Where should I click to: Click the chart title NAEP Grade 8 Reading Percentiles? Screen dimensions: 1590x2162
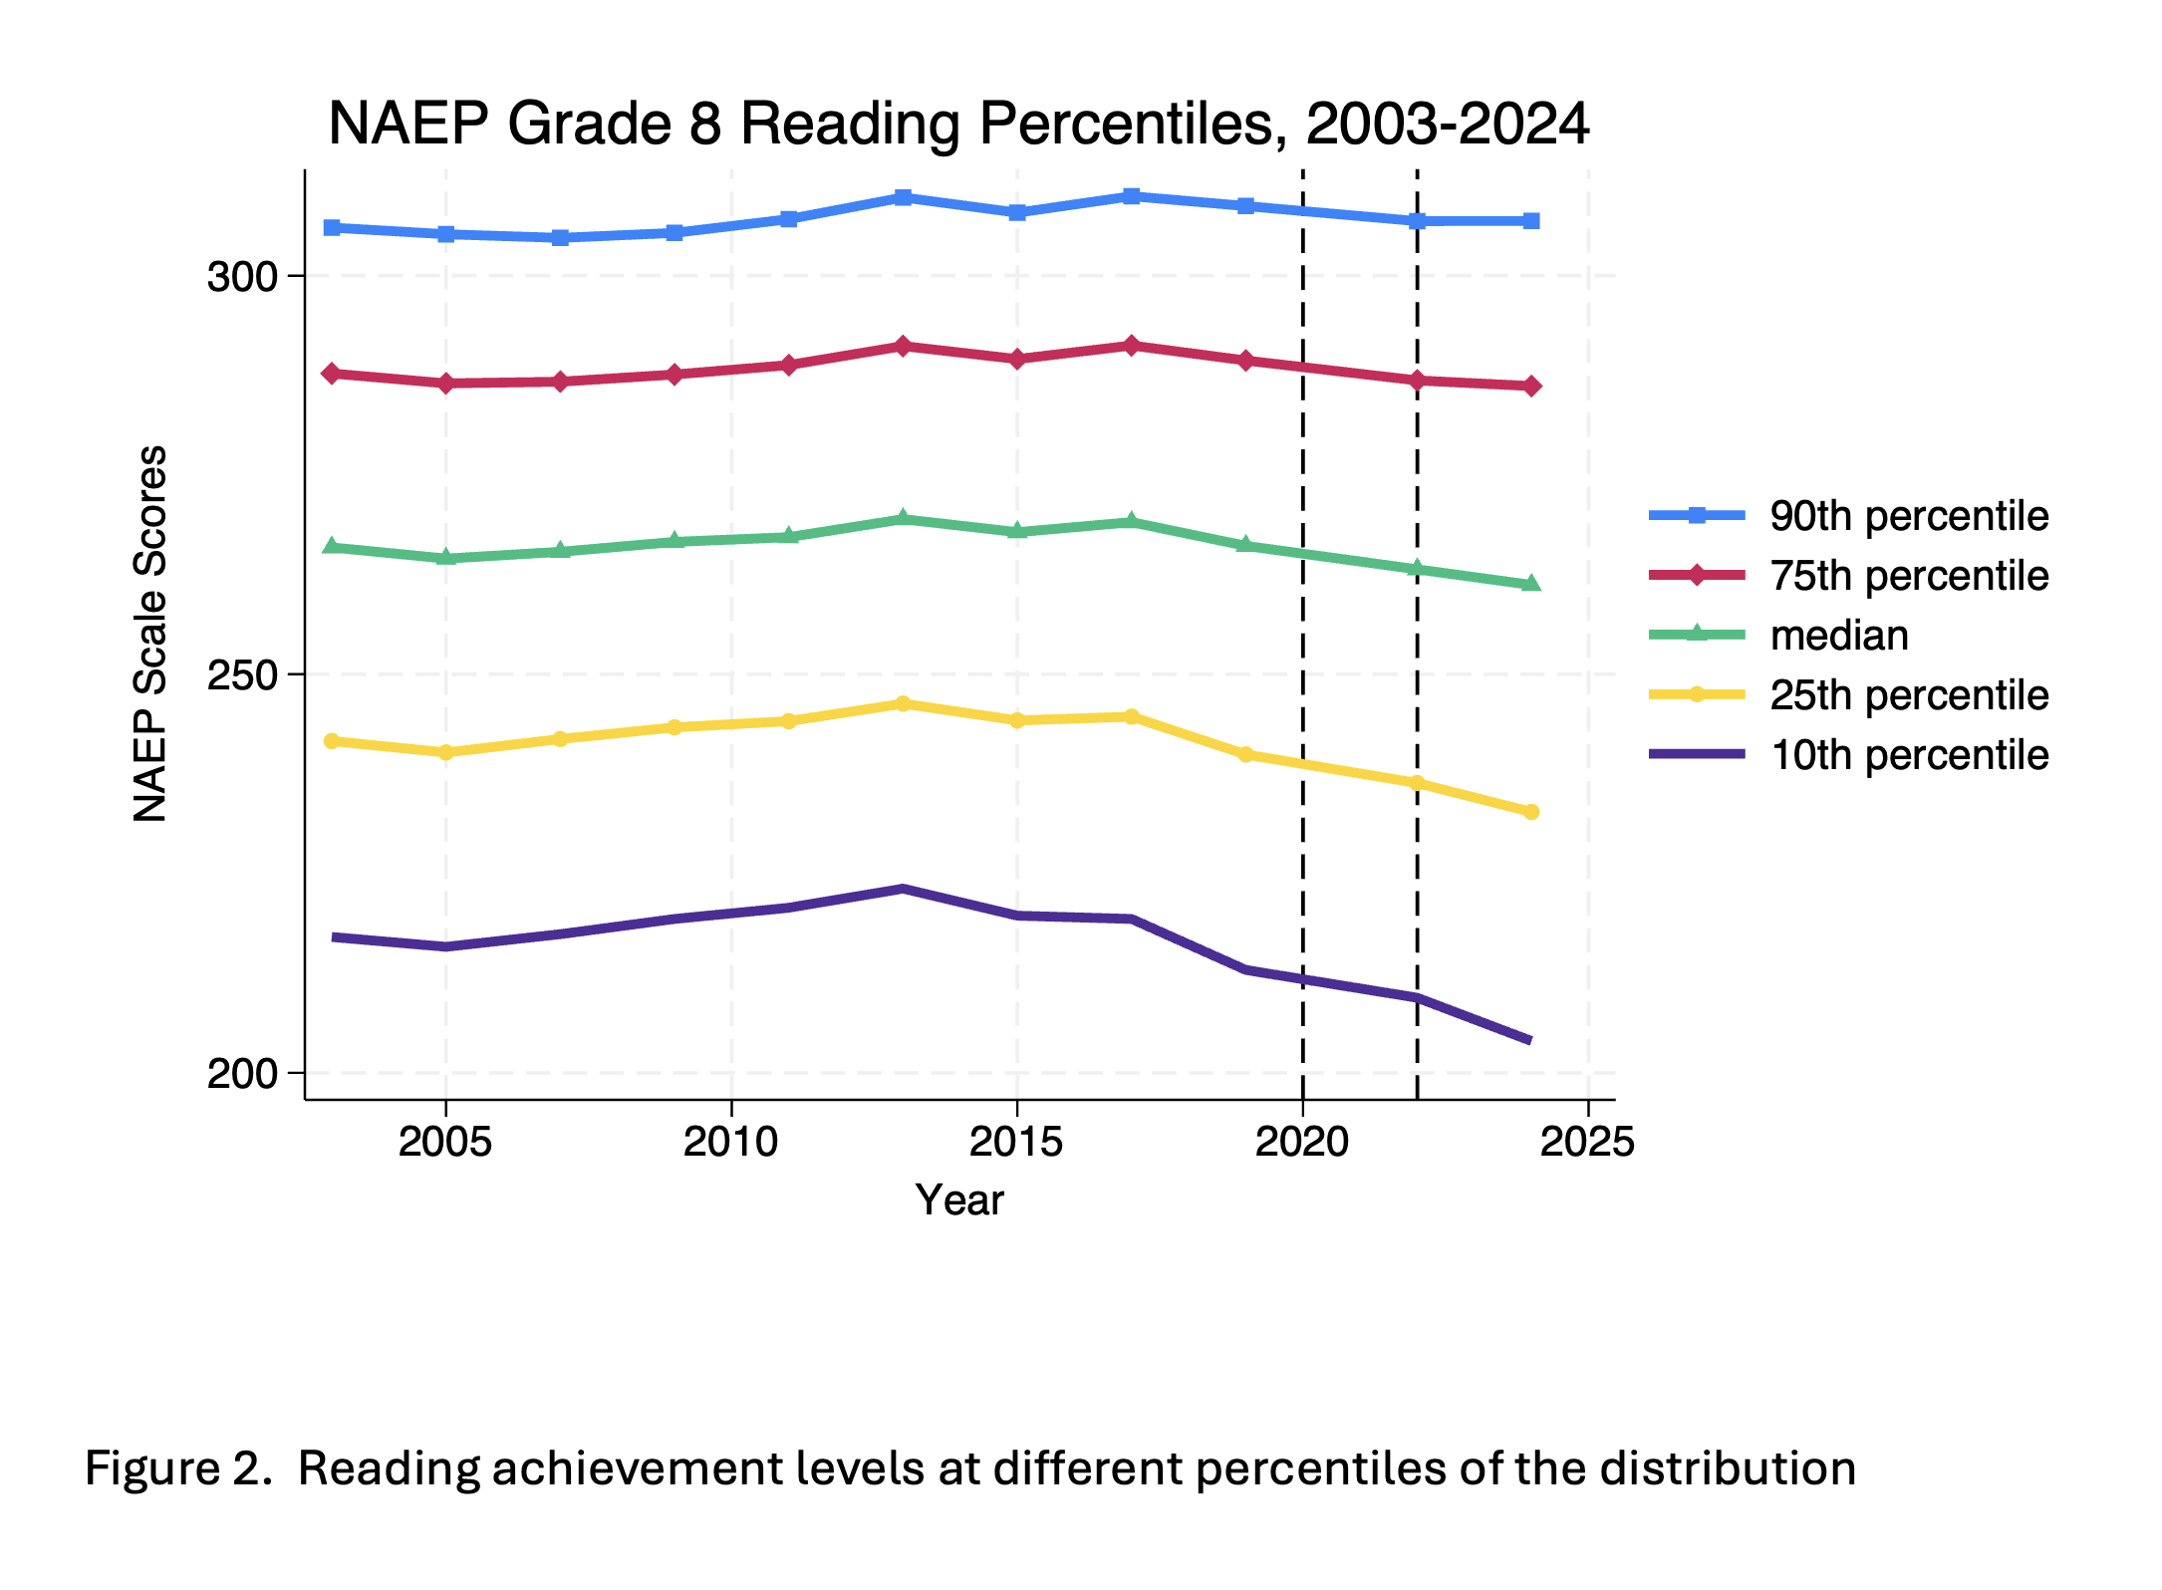[x=958, y=125]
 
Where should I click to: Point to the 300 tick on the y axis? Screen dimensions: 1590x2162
[x=241, y=276]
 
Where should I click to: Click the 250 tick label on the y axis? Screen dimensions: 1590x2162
[x=241, y=674]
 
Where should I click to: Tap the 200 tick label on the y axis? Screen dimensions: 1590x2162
[x=241, y=1074]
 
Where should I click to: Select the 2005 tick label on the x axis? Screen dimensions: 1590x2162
[x=445, y=1142]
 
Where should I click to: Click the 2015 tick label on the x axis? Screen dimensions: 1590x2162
[x=1016, y=1142]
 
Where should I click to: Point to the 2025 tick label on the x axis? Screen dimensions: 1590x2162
[x=1587, y=1142]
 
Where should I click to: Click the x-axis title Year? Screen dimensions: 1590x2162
[x=959, y=1200]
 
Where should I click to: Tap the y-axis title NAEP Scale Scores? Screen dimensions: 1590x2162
[x=150, y=634]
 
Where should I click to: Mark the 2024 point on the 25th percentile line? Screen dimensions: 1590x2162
[x=1531, y=812]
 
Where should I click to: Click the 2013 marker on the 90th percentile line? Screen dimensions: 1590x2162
[x=903, y=197]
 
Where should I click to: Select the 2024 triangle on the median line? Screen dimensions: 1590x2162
[x=1531, y=583]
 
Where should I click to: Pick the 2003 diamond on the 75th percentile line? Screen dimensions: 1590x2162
[x=332, y=374]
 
